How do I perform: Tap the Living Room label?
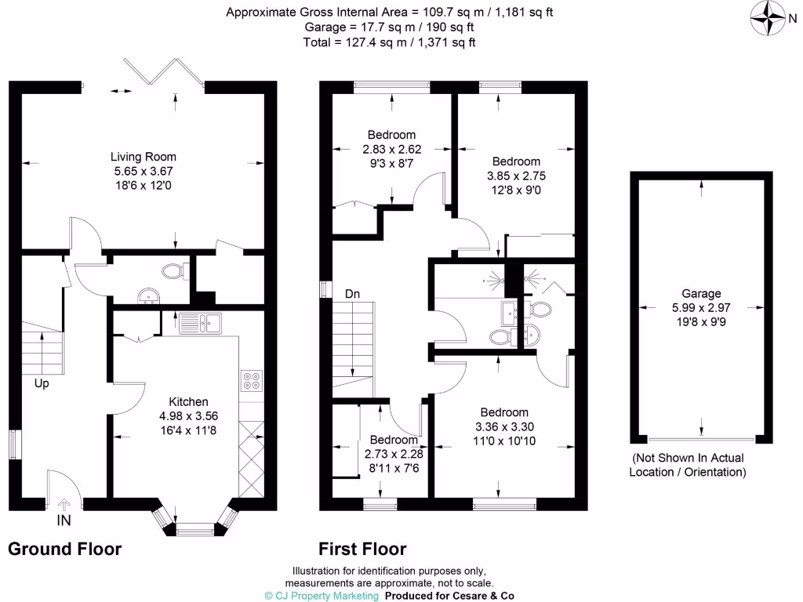click(143, 156)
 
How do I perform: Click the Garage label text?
click(700, 292)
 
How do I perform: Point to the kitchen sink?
click(201, 321)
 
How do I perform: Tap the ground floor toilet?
click(173, 272)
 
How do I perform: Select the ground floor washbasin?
click(147, 296)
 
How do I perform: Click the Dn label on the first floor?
click(352, 294)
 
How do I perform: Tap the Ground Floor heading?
click(64, 549)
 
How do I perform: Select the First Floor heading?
click(362, 549)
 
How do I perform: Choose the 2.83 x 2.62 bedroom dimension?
click(392, 149)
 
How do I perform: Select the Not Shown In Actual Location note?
click(689, 465)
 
